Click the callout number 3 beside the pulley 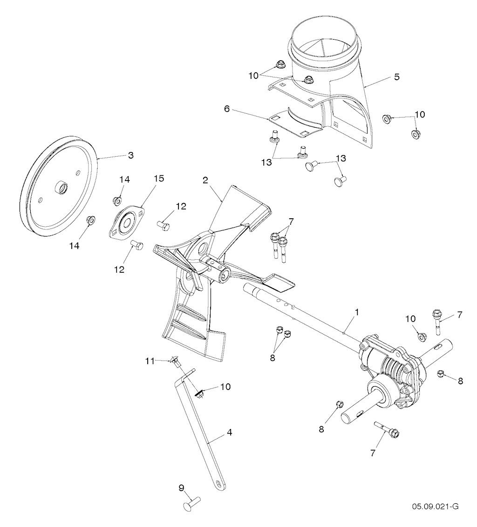point(131,155)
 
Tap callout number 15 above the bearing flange point(159,179)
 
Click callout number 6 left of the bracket point(227,109)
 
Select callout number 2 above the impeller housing point(205,180)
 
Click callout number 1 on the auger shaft point(357,312)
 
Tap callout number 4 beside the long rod point(230,432)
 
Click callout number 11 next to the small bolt point(150,361)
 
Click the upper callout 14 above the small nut point(124,180)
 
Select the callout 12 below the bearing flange point(120,269)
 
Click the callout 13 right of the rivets point(341,158)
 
